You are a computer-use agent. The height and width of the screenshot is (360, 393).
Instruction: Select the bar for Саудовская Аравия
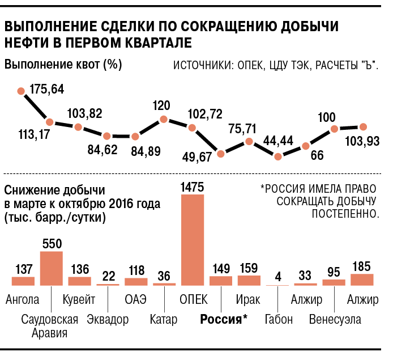[x=51, y=268]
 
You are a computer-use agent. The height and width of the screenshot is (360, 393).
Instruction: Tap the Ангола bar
[x=23, y=280]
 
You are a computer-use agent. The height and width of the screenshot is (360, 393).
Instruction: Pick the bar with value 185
[x=362, y=279]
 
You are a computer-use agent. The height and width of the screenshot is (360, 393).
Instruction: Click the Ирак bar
[x=249, y=280]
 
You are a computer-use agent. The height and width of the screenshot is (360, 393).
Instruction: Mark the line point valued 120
[x=164, y=119]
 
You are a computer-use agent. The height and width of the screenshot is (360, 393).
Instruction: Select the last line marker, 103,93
[x=363, y=127]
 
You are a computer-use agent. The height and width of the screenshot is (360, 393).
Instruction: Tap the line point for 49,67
[x=220, y=153]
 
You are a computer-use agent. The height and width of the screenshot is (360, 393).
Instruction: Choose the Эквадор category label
[x=108, y=319]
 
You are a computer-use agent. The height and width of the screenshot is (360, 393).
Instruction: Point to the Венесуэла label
[x=335, y=319]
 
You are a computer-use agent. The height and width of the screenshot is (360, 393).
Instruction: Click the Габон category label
[x=279, y=319]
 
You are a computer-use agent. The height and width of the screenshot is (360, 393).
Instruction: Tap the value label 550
[x=51, y=243]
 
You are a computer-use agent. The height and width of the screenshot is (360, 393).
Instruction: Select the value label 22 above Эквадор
[x=108, y=276]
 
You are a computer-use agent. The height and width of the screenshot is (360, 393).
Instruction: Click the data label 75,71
[x=242, y=128]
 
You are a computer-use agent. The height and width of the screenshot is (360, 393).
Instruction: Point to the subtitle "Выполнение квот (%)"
[x=63, y=64]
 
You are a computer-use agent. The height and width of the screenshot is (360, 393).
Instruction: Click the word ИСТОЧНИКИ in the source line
[x=202, y=66]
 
